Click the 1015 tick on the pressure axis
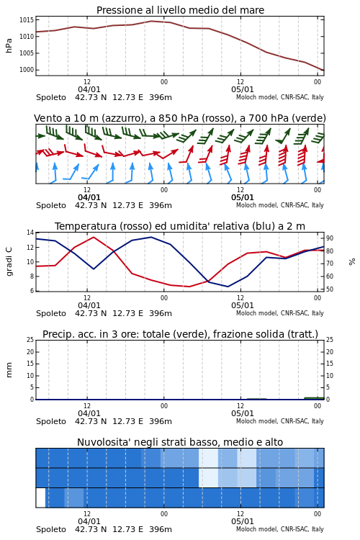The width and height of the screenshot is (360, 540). click(x=27, y=20)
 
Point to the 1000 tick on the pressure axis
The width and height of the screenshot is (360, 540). click(x=27, y=70)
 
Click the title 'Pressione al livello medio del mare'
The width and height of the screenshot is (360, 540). click(x=180, y=10)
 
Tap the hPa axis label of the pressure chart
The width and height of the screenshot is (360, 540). click(x=9, y=45)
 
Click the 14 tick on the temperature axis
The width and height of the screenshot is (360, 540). click(x=30, y=233)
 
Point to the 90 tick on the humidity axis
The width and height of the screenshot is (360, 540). click(x=330, y=238)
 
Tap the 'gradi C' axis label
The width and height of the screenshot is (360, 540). click(x=9, y=261)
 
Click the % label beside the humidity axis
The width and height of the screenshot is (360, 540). click(x=352, y=262)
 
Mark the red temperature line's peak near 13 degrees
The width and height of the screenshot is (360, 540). click(x=94, y=237)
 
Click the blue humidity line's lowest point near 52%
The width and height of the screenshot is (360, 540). click(x=228, y=287)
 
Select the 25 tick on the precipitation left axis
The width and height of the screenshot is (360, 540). click(x=30, y=340)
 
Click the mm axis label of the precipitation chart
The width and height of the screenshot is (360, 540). click(x=9, y=370)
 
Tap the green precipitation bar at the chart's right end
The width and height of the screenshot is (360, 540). click(x=314, y=398)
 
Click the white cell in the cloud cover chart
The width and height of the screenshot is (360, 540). click(x=40, y=498)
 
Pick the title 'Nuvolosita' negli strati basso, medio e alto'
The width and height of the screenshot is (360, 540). click(x=180, y=442)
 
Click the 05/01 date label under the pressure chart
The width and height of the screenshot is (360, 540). click(x=243, y=89)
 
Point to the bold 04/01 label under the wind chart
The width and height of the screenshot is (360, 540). click(x=89, y=198)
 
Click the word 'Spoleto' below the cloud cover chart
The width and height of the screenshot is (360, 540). click(x=51, y=529)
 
